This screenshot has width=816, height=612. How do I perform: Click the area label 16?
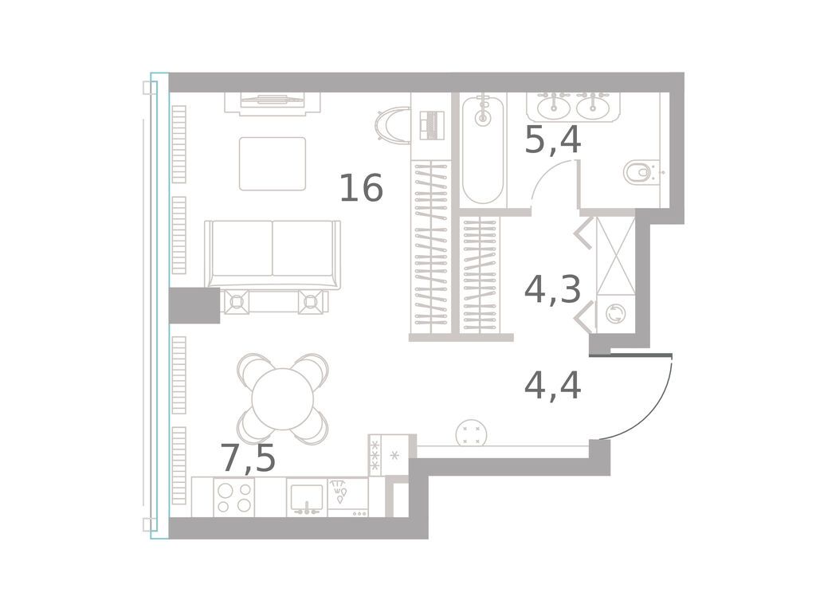(x=361, y=189)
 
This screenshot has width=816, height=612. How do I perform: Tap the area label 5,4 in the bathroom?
(x=552, y=141)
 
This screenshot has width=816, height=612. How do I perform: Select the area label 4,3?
(x=552, y=290)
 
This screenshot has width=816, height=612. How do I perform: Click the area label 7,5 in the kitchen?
(x=248, y=459)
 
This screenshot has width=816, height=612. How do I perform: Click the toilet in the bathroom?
(x=640, y=171)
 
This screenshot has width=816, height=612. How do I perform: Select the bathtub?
(x=483, y=150)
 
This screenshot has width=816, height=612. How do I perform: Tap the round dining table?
(x=284, y=398)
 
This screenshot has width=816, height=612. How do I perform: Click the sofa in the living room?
(x=273, y=253)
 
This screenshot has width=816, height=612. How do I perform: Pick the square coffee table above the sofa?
(x=273, y=163)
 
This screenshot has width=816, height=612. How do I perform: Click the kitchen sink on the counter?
(x=306, y=498)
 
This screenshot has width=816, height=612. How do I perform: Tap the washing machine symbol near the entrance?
(x=615, y=314)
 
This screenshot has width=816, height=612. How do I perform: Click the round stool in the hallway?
(x=471, y=434)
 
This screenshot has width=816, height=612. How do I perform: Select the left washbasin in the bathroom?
(x=553, y=106)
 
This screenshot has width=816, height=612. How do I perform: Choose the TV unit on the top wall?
(x=272, y=102)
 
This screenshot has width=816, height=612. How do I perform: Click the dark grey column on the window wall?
(x=194, y=306)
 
